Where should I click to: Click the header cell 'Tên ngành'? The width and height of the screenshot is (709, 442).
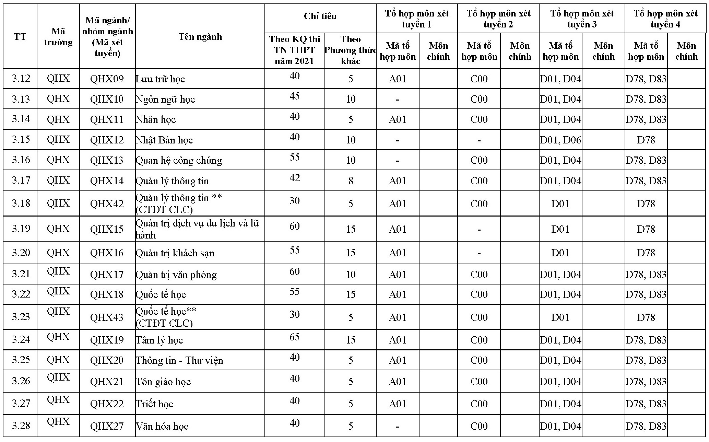200,37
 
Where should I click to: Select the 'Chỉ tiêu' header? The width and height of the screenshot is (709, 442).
320,16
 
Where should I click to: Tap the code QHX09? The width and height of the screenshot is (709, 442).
107,79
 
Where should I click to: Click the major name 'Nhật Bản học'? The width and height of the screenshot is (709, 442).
164,140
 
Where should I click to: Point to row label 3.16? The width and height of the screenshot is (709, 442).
21,160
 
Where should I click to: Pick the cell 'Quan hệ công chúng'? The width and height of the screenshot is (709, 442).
179,161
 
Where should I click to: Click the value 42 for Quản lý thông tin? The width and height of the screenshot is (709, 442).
294,178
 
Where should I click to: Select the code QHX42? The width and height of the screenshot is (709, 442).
107,204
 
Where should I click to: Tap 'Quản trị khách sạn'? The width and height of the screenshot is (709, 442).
175,253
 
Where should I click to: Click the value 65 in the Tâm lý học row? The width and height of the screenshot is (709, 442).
294,337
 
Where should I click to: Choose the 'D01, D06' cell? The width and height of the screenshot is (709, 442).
560,140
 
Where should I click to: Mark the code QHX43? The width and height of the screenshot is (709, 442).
107,317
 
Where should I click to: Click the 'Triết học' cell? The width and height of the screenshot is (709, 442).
155,404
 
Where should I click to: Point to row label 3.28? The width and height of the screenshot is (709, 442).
21,426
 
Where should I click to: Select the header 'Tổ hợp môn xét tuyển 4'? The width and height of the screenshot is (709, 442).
665,19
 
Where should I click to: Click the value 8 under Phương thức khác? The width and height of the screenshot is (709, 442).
350,181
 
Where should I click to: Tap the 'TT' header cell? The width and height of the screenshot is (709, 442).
20,37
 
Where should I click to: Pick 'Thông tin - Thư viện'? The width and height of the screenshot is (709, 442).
179,361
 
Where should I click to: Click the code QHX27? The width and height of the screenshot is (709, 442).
107,426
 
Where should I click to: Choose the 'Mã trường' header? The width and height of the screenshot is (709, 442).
58,37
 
